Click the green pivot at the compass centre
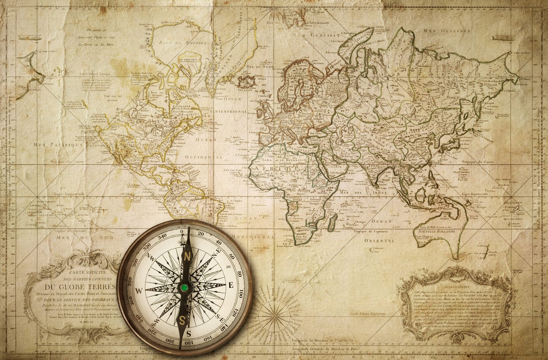(x=184, y=288)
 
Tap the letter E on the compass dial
(x=231, y=285)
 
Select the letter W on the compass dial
(x=139, y=291)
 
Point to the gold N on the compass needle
(x=187, y=257)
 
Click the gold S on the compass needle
(x=182, y=320)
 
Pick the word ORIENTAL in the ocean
(x=379, y=241)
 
